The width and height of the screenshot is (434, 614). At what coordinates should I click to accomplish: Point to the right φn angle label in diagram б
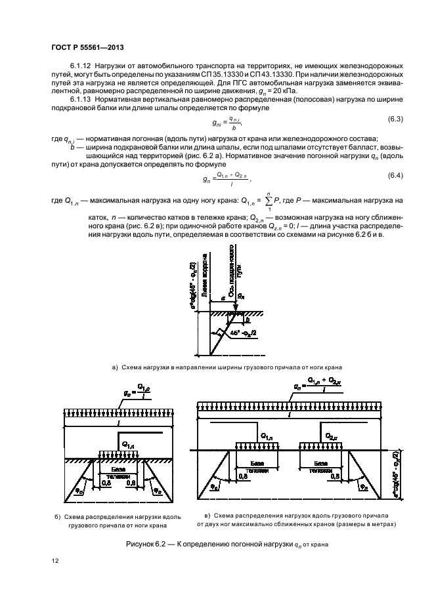[156, 489]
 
